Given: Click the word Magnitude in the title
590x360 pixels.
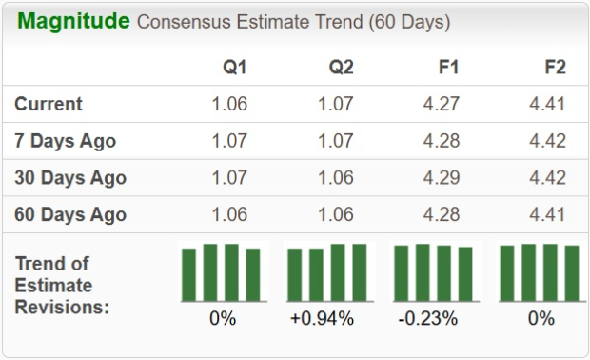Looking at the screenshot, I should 73,21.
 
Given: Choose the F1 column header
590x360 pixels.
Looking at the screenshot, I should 447,69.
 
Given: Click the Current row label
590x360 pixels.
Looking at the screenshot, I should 49,105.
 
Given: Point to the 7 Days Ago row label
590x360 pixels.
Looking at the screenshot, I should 66,141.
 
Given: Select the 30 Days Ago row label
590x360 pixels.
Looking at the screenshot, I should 70,178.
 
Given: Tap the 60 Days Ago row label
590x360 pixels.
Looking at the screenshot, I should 70,214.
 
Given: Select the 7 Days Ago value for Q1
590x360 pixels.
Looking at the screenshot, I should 228,141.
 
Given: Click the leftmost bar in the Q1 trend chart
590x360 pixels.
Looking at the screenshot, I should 189,274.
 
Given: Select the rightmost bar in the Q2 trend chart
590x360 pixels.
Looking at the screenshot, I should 360,272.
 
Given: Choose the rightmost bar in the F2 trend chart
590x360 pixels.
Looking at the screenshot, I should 572,273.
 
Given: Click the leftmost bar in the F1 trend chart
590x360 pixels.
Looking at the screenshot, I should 402,273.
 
